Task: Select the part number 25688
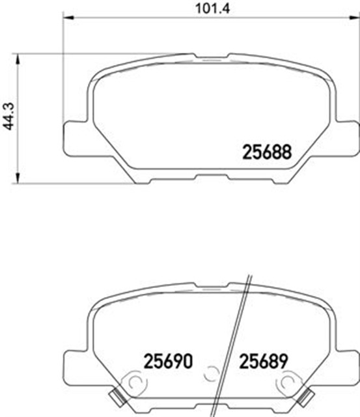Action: click(x=266, y=152)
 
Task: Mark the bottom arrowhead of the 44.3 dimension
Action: click(x=18, y=179)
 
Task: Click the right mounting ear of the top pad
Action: click(x=346, y=138)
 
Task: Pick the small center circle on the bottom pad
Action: click(x=210, y=374)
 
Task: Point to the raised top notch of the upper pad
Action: click(x=210, y=57)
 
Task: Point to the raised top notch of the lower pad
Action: click(x=210, y=285)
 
